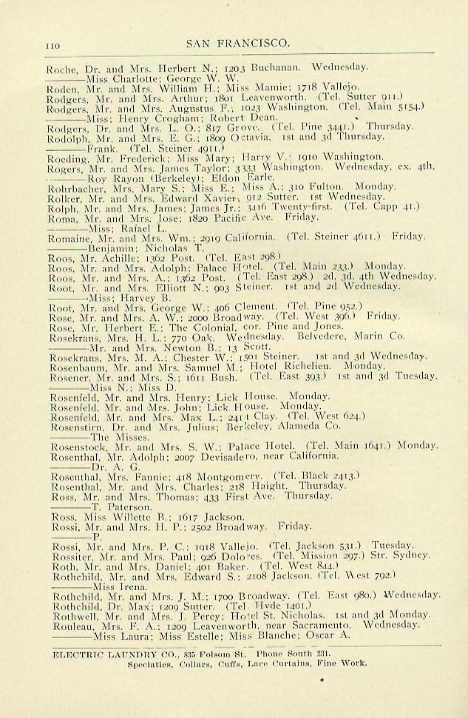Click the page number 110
(x=52, y=46)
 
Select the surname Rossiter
(x=67, y=555)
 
